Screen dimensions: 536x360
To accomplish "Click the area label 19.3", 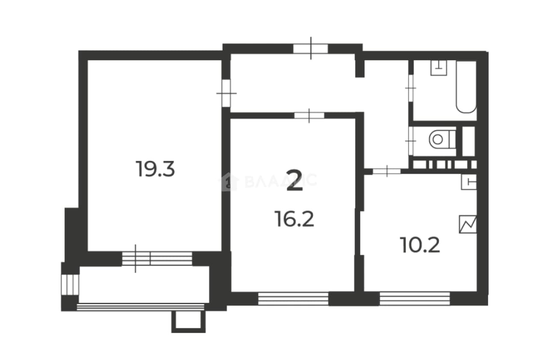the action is coord(155,169).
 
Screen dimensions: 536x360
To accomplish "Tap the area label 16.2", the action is coord(294,219).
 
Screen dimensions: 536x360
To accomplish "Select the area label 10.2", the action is coord(420,245).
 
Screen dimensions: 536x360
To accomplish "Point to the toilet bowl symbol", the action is coord(442,139).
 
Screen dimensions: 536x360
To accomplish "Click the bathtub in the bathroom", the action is coord(466,87).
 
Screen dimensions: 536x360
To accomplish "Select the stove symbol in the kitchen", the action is coord(468,224).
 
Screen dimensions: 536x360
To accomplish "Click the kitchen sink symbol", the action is coord(469,182).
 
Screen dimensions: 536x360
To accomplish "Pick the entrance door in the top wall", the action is coord(311,49).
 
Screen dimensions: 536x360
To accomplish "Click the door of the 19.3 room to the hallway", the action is coord(226,93).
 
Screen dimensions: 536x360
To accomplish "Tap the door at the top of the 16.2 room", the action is coord(309,115).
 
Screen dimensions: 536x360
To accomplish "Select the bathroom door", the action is coord(411,88).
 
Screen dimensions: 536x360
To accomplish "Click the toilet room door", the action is coord(411,141).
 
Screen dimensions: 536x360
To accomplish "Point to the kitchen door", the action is coord(387,171).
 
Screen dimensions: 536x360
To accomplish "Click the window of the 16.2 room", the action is coord(293,299).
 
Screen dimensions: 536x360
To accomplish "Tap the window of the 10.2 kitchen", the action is coord(415,299).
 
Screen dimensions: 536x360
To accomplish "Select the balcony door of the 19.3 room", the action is coord(157,259).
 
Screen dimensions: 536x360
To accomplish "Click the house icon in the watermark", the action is coord(229,182).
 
